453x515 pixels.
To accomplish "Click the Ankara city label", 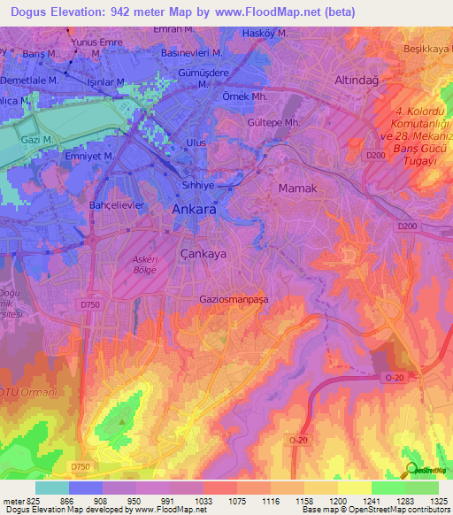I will tap(191, 211).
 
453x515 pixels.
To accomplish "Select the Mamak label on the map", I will tap(297, 188).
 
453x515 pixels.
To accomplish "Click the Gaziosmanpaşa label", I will tap(234, 299).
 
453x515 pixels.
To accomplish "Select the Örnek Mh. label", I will tap(245, 96).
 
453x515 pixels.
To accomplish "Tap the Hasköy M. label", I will tap(265, 34).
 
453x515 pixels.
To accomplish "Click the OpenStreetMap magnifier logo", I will tap(412, 469).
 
